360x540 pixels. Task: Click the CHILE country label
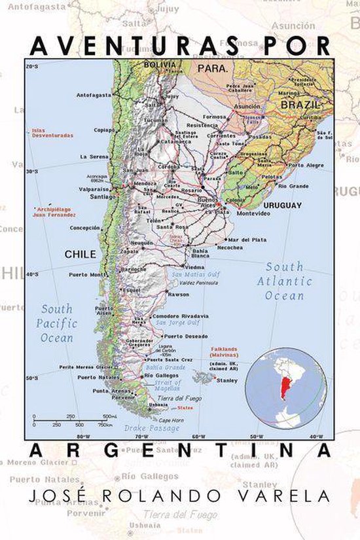click(80, 254)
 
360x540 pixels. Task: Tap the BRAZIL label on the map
click(299, 105)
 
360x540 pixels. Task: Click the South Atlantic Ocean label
click(285, 281)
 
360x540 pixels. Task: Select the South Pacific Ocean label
click(57, 323)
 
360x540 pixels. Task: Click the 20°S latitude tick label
click(31, 67)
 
